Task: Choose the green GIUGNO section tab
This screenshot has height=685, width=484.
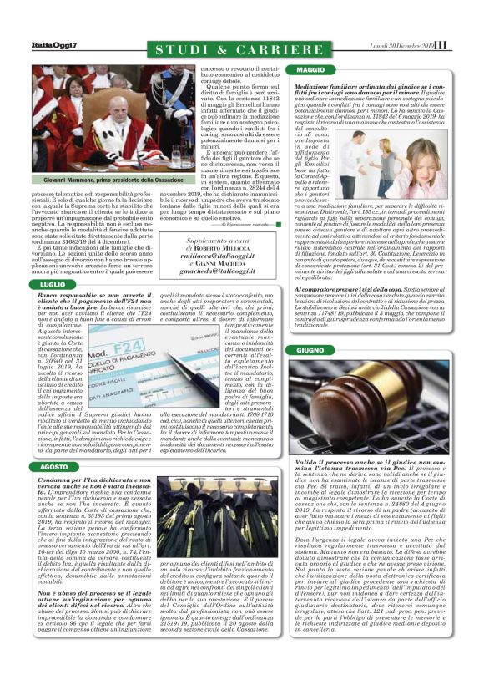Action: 309,349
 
